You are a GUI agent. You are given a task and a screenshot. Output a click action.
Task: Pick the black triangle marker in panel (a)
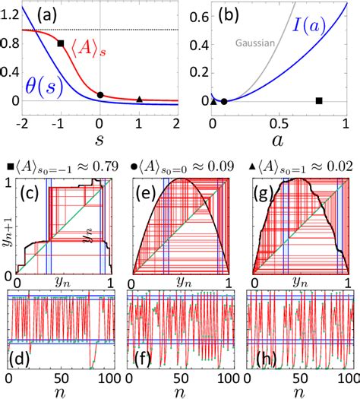point(139,99)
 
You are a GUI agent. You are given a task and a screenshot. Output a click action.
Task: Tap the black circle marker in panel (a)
point(100,95)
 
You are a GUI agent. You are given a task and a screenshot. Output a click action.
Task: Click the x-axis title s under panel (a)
point(100,139)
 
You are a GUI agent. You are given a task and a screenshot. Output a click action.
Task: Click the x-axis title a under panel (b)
point(279,139)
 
